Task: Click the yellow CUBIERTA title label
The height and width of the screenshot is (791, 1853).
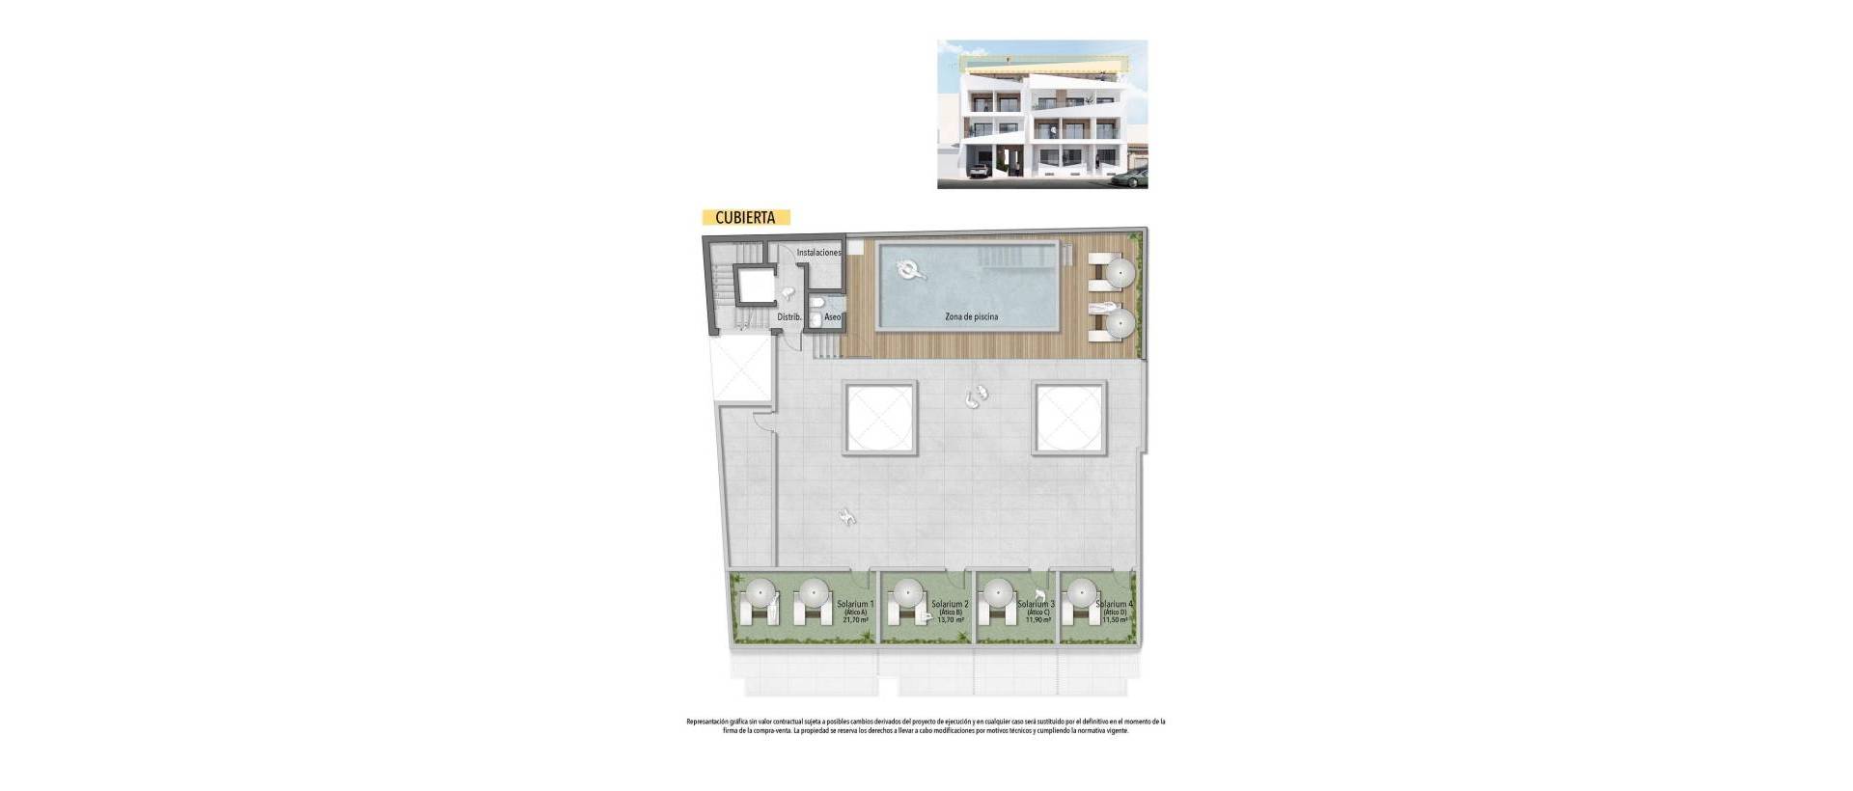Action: (745, 218)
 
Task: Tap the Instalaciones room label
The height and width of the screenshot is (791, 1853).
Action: (818, 253)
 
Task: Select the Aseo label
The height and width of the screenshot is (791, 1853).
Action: (832, 316)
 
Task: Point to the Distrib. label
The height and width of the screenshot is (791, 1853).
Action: (789, 316)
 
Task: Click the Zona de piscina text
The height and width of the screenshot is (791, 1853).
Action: (971, 316)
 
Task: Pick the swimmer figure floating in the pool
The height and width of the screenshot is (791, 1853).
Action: (910, 270)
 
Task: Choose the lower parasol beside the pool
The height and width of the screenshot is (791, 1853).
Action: (1120, 323)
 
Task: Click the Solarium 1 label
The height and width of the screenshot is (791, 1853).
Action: (856, 604)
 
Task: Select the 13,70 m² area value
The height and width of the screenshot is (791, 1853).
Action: (952, 620)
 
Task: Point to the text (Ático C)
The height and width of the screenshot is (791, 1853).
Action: (1037, 613)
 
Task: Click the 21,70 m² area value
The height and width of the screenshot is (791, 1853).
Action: (856, 620)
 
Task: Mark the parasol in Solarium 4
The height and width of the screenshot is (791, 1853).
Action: (1082, 591)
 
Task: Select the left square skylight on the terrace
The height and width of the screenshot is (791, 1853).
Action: (881, 418)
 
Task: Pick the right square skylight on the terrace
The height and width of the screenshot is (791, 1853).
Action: (1069, 418)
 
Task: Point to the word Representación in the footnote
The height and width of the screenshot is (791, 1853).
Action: (709, 722)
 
